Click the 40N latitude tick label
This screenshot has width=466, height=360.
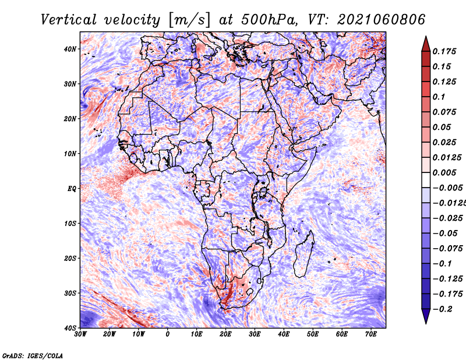point(70,49)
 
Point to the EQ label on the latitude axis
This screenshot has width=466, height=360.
point(72,189)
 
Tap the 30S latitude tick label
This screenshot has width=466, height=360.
point(70,294)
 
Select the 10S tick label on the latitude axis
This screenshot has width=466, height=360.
point(70,224)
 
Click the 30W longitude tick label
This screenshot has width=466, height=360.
point(80,334)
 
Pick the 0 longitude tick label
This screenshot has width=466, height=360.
point(168,334)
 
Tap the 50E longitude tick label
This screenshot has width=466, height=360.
point(313,334)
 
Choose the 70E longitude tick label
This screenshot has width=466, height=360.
point(371,334)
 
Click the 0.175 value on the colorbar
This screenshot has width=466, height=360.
point(444,52)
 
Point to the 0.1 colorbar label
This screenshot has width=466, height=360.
point(439,97)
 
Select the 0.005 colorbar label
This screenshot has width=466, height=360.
point(444,173)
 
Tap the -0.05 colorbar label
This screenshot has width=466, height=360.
point(445,234)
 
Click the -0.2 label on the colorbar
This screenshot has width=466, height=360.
point(443,309)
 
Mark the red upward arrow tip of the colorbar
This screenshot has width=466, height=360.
point(426,37)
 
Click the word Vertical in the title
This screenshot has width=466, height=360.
point(68,20)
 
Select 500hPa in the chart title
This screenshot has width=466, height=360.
point(269,20)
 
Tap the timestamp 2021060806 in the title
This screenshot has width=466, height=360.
point(382,20)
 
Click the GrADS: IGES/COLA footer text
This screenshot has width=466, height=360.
point(33,356)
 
